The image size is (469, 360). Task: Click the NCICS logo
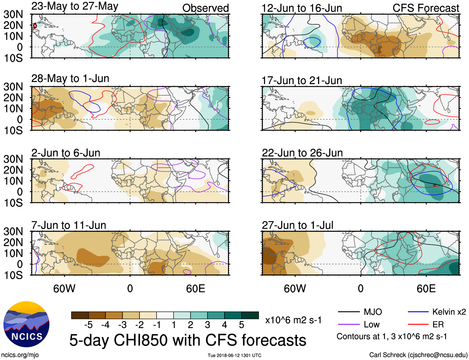(x=26, y=324)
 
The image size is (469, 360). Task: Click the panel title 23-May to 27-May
(x=75, y=6)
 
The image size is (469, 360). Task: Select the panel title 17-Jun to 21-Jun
(x=302, y=81)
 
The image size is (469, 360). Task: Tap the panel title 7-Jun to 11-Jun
(x=69, y=225)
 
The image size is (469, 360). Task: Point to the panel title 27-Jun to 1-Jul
(x=297, y=225)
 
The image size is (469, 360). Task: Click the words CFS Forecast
(x=426, y=8)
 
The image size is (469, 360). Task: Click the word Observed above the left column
(x=205, y=8)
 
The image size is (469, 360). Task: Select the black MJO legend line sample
(x=348, y=312)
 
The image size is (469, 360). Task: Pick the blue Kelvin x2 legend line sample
(x=418, y=312)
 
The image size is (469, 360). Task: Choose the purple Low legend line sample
(x=348, y=325)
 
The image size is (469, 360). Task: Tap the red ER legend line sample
(x=418, y=325)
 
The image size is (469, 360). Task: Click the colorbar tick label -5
(x=88, y=325)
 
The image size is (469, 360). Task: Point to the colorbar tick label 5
(x=242, y=325)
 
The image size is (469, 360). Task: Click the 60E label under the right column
(x=426, y=289)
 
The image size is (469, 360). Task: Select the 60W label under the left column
(x=64, y=289)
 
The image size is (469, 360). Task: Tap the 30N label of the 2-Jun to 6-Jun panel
(x=13, y=159)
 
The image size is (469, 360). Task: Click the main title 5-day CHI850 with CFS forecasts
(x=188, y=340)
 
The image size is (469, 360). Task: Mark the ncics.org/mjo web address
(x=20, y=355)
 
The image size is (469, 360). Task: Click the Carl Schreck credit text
(x=418, y=355)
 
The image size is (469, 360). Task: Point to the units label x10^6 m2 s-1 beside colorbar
(x=293, y=320)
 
